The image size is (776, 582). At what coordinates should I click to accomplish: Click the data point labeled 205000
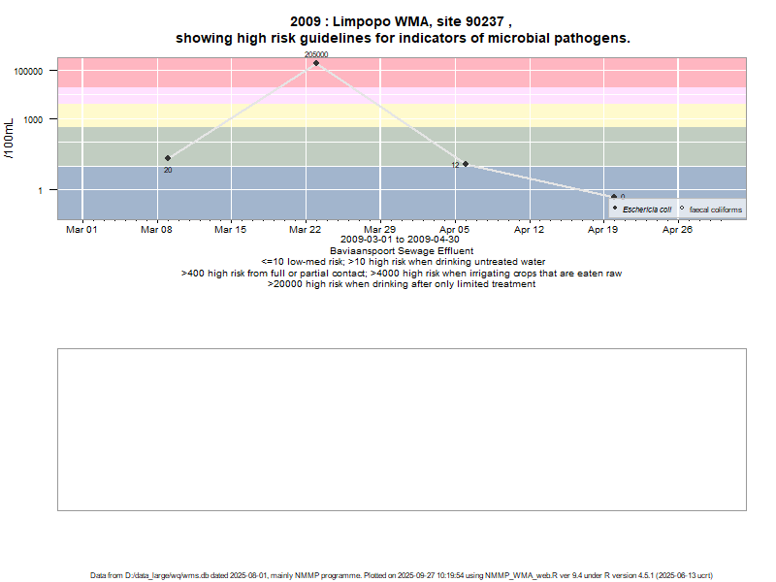(x=316, y=63)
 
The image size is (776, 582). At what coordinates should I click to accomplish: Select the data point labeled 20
(x=168, y=158)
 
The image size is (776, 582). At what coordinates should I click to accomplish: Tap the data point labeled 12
(x=466, y=164)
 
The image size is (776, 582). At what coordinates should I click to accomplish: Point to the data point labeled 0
(x=614, y=197)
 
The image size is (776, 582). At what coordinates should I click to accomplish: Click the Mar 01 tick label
(x=82, y=230)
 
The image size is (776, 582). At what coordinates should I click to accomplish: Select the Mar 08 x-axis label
(x=157, y=230)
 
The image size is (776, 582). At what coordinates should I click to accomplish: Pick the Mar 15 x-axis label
(x=231, y=230)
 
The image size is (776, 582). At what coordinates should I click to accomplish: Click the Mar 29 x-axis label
(x=380, y=230)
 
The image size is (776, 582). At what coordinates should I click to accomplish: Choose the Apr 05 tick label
(x=455, y=230)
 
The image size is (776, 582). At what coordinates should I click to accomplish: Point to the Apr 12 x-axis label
(x=529, y=230)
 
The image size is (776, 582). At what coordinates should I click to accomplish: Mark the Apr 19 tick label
(x=603, y=230)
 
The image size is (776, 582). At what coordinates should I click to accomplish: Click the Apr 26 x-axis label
(x=677, y=230)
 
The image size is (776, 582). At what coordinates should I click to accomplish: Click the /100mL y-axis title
(x=11, y=144)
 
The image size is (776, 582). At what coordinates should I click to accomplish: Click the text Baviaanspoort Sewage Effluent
(x=402, y=251)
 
